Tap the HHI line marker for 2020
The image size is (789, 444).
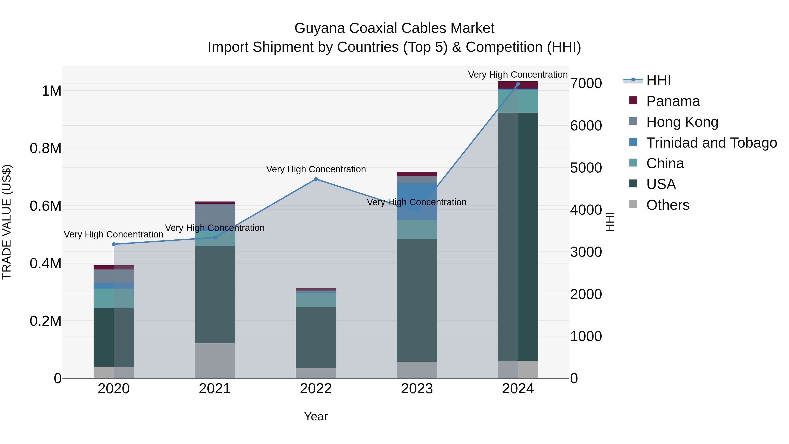pos(114,244)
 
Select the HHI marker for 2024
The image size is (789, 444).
pos(518,84)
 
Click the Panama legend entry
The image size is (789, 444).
pos(673,101)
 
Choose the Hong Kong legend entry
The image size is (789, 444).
pos(682,122)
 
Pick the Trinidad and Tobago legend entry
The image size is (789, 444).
pos(711,143)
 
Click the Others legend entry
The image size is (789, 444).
pos(668,205)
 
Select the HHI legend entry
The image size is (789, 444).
pos(658,80)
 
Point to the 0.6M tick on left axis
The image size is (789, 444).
pos(46,206)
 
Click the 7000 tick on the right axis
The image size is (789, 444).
pos(586,83)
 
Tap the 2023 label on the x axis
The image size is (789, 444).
pos(417,389)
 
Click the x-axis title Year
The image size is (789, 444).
pos(316,416)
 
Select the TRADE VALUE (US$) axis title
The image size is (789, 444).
pos(7,222)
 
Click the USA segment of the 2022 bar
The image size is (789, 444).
pos(316,337)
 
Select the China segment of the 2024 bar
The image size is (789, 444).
pos(518,101)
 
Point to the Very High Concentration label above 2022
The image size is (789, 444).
pos(316,169)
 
